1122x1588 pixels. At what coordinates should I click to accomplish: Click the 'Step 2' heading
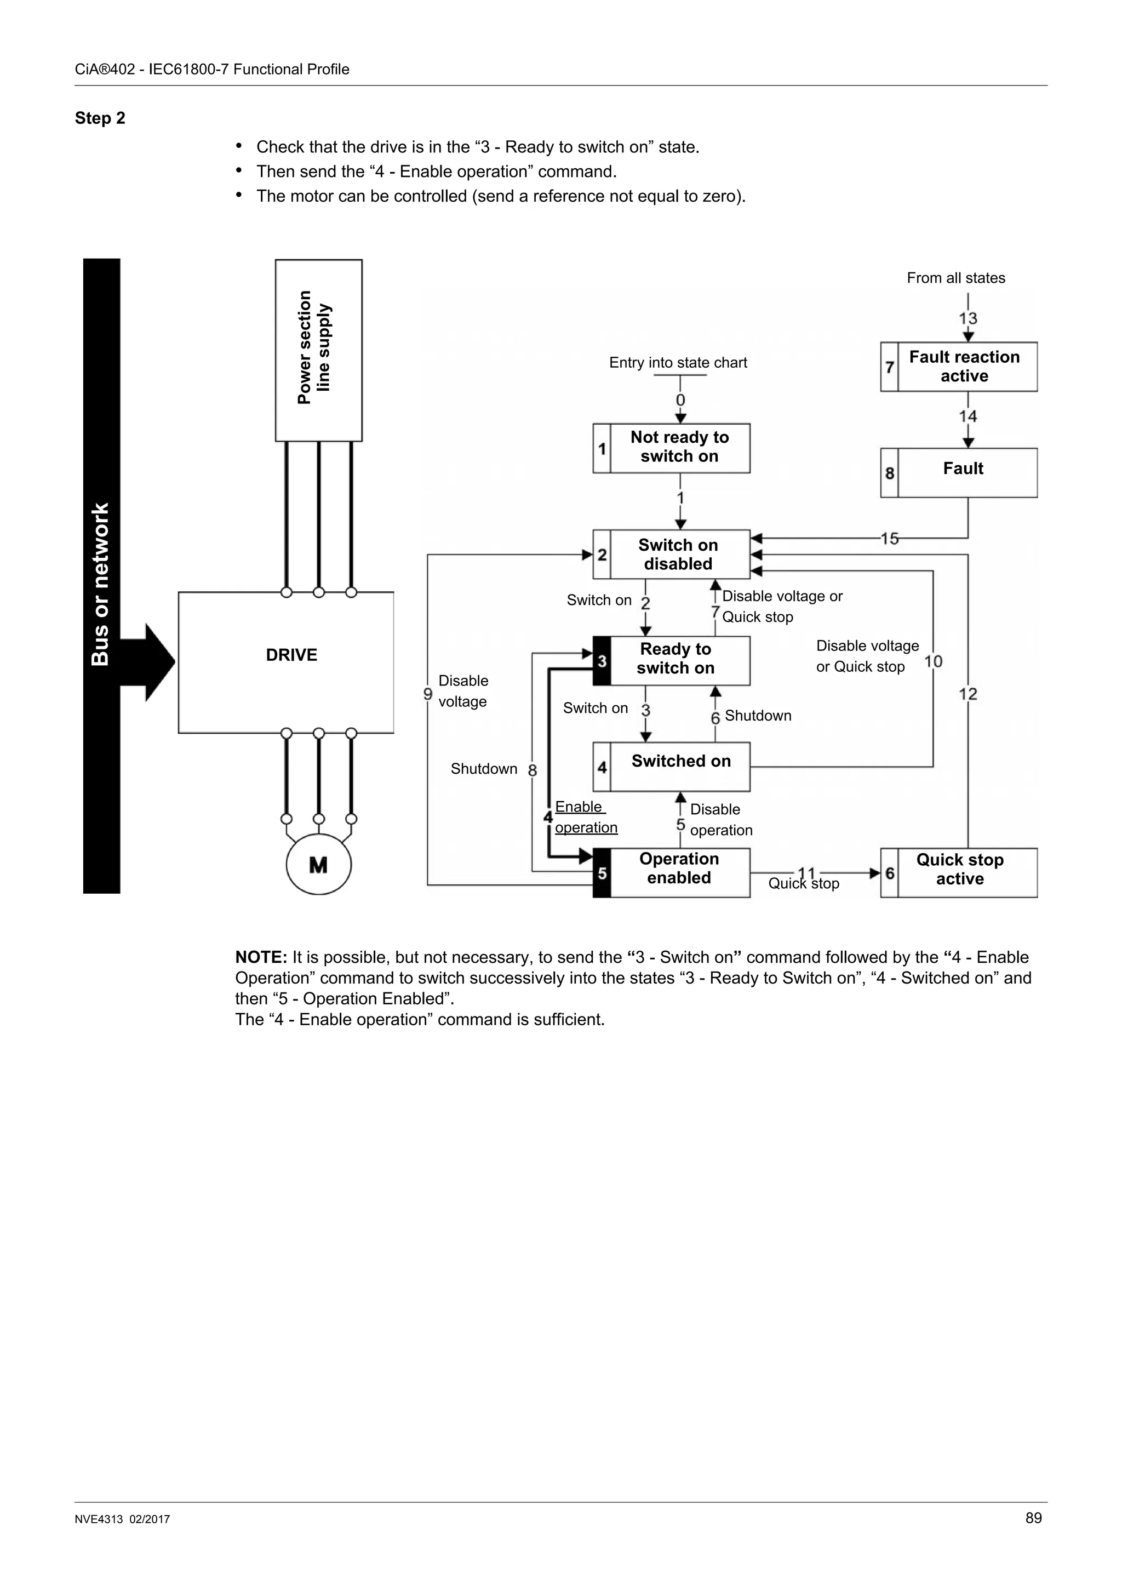pyautogui.click(x=100, y=118)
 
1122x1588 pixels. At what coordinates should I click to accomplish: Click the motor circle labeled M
pyautogui.click(x=319, y=865)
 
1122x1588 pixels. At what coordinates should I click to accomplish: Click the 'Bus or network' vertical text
pyautogui.click(x=101, y=585)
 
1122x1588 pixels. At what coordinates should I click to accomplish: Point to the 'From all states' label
pyautogui.click(x=955, y=278)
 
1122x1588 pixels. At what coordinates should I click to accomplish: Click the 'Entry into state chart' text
pyautogui.click(x=678, y=362)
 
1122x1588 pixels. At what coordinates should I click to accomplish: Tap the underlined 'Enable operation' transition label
pyautogui.click(x=585, y=817)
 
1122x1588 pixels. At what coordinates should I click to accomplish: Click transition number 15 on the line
pyautogui.click(x=889, y=538)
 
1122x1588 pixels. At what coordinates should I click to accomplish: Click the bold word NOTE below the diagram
pyautogui.click(x=261, y=957)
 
